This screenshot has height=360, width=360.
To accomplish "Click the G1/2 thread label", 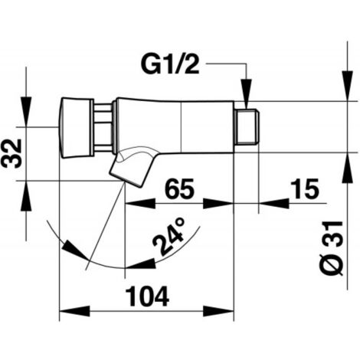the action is [170, 64].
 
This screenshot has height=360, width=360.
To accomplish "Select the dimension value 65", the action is [179, 188].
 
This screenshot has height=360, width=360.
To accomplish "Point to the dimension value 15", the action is [305, 188].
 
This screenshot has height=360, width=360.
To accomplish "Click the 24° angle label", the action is [169, 236].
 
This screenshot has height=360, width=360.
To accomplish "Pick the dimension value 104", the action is [148, 296].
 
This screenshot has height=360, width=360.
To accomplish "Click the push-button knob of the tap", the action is [76, 128].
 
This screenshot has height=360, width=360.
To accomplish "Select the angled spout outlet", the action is [131, 167].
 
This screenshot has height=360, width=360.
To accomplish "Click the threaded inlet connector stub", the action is [247, 127].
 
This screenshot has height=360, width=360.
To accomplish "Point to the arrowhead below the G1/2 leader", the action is [246, 94].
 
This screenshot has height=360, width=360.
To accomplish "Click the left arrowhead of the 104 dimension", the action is [74, 311].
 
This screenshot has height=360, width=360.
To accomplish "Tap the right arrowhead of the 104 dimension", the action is [218, 311].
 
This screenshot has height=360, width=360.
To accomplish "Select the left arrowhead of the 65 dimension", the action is [140, 204].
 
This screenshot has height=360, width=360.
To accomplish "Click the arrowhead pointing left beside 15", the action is [274, 204].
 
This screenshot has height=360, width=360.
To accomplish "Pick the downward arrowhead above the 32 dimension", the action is [26, 112].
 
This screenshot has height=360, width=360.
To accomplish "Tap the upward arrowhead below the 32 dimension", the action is [26, 196].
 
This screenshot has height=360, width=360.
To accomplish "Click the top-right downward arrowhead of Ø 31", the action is [348, 86].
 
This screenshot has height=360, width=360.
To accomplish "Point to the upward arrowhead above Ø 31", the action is [348, 168].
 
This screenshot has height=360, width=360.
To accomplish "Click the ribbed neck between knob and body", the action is [103, 128].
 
